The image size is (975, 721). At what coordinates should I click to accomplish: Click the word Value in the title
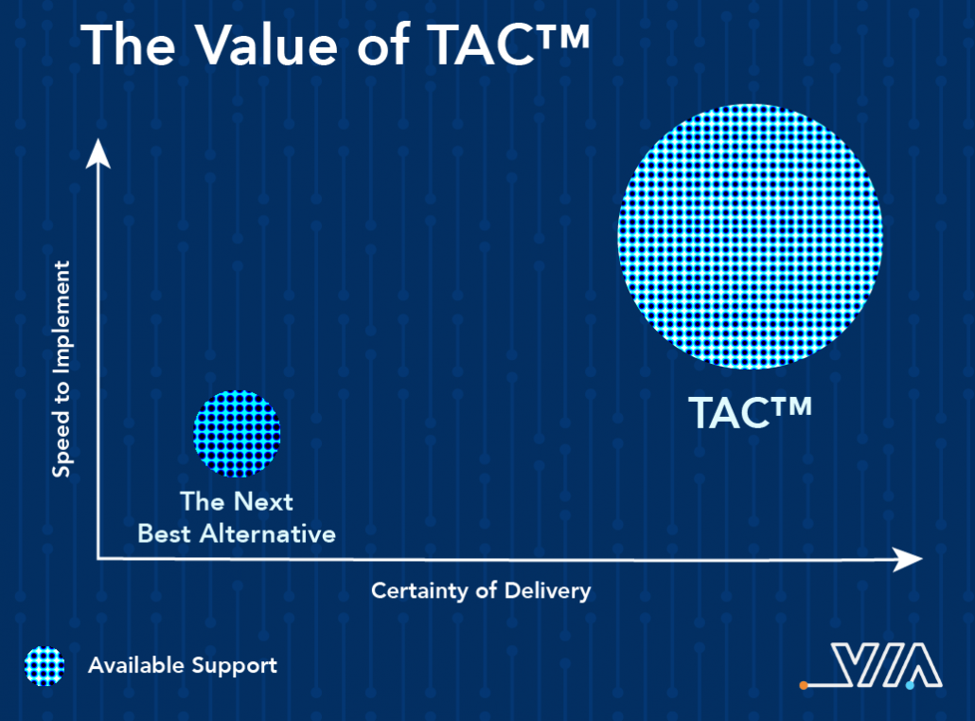point(266,45)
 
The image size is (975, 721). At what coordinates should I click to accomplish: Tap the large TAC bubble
point(750,237)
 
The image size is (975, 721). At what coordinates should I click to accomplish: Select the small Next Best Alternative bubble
point(237,433)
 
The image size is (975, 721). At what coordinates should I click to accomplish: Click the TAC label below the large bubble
point(750,412)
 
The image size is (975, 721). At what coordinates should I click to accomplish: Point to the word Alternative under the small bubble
point(267,534)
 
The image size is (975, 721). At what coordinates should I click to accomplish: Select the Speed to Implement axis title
point(61,370)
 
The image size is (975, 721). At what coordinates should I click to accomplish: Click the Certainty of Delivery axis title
point(481,590)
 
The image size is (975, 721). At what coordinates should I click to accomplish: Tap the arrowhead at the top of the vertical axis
point(97,153)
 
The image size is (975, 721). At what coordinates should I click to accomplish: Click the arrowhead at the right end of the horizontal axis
point(908,559)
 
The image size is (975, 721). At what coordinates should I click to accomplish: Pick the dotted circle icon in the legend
point(44,666)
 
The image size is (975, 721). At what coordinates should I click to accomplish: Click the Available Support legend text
point(183,666)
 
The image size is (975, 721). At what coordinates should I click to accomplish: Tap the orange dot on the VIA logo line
point(804,686)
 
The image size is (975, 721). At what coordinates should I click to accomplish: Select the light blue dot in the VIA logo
point(911,686)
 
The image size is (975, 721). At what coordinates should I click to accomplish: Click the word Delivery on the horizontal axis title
point(547,590)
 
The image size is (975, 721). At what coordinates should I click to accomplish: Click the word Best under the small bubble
point(164,534)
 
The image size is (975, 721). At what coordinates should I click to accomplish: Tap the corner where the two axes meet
point(98,558)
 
